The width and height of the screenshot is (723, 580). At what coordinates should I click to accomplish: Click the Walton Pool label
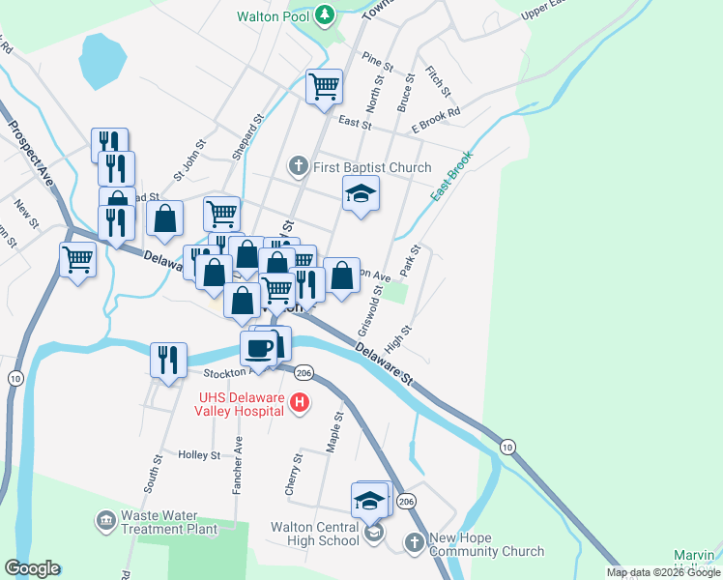pos(274,16)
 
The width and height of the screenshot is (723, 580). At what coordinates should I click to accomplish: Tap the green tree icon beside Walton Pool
pos(327,15)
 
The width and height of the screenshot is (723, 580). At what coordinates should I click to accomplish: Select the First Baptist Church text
pos(372,167)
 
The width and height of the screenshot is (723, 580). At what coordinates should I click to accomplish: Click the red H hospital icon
pos(300,403)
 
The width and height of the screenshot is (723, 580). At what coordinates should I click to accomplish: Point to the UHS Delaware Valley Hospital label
pos(242,403)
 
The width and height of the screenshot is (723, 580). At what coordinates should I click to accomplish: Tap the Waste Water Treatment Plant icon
pos(104,522)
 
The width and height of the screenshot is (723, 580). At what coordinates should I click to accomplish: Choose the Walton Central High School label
pos(315,534)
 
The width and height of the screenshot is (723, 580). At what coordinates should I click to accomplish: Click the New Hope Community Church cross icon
pos(415,543)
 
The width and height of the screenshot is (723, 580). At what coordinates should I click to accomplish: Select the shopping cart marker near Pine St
pos(325,86)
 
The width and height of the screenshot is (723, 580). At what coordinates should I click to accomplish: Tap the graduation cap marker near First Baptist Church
pos(361,194)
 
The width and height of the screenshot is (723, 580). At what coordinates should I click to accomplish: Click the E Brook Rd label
pos(435,127)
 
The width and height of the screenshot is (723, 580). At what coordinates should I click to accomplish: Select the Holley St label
pos(199,454)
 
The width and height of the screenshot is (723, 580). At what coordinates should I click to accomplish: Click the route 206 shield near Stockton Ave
pos(304,372)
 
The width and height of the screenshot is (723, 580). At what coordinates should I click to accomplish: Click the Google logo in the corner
pos(32,568)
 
